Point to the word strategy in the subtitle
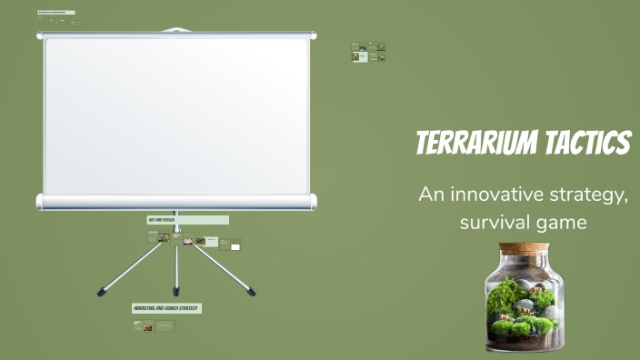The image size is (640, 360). click(x=592, y=194)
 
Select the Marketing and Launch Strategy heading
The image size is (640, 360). click(x=166, y=308)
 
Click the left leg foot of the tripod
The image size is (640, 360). click(x=101, y=293)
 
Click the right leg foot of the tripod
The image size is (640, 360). click(x=252, y=293)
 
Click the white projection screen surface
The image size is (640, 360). click(x=176, y=115)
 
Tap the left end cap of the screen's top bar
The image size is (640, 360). click(x=40, y=35)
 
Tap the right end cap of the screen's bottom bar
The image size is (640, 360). click(x=313, y=202)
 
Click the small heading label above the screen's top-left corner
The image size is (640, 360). click(x=55, y=13)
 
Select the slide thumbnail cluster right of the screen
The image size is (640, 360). click(x=368, y=53)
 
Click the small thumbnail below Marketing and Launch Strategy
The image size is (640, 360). click(x=147, y=326)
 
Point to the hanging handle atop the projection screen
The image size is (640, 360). click(x=176, y=30)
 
